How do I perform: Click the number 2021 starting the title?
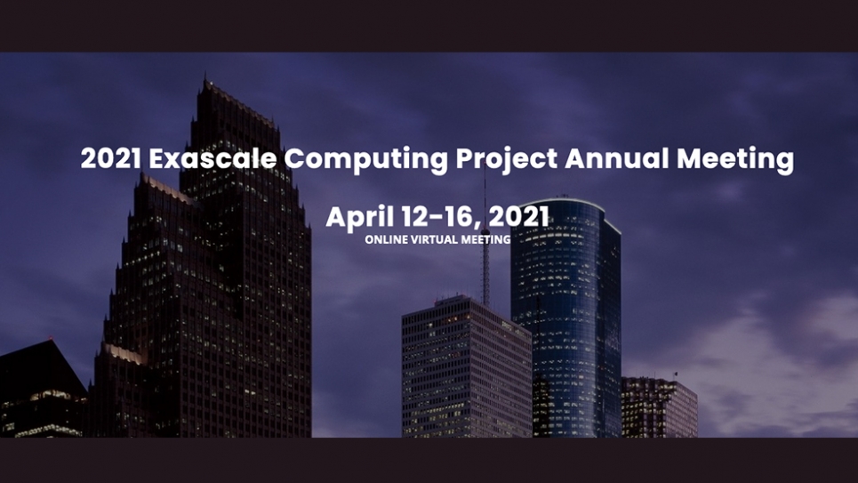tap(110, 159)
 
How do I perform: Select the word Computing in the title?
tap(366, 160)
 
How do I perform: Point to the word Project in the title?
tap(506, 160)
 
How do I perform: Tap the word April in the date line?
tap(358, 217)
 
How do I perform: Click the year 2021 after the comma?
tap(519, 217)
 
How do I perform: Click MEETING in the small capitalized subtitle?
tap(485, 239)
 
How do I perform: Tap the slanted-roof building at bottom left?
tap(40, 391)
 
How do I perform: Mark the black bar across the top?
tap(429, 25)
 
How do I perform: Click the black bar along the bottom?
tap(429, 460)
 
